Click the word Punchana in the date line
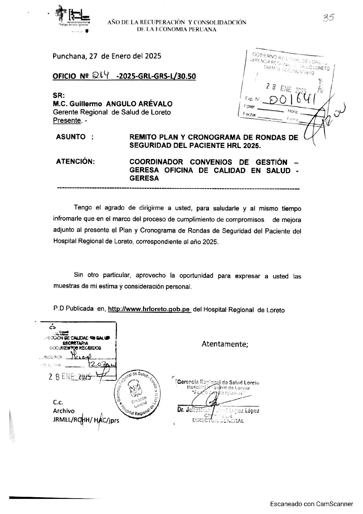click(67, 56)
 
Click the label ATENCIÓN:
click(75, 162)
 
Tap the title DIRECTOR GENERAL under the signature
click(218, 421)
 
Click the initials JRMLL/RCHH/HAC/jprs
click(86, 420)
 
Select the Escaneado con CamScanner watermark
click(311, 504)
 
